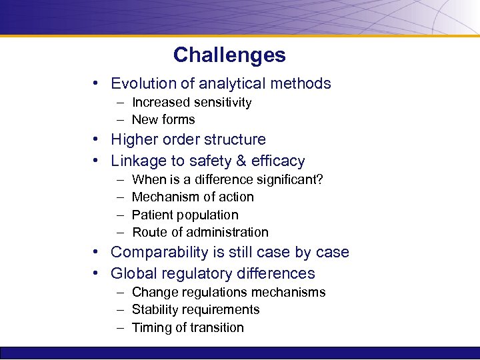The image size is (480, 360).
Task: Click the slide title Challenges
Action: [229, 55]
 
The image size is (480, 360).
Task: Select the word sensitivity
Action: [223, 102]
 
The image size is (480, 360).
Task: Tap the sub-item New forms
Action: [163, 120]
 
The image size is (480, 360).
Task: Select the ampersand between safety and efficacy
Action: [245, 161]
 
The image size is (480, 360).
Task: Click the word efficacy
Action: [279, 161]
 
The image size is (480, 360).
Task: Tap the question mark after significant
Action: [321, 179]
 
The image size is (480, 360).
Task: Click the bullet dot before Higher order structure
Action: [97, 139]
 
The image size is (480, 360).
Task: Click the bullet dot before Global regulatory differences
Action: [97, 273]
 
